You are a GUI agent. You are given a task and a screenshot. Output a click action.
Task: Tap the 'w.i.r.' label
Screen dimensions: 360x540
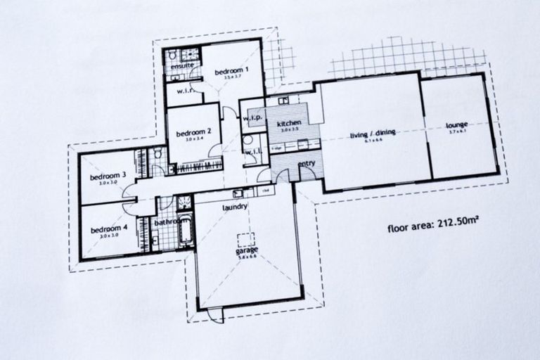point(186,91)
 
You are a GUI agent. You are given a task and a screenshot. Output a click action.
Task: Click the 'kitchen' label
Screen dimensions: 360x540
point(289,122)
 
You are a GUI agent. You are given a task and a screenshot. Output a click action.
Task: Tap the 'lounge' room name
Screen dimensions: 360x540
point(457,127)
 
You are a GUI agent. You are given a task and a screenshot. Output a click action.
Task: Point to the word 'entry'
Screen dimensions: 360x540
point(307,164)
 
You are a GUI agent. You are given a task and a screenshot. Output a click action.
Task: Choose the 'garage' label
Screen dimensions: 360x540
point(245,250)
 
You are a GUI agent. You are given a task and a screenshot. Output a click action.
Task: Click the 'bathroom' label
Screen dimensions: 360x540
point(169,222)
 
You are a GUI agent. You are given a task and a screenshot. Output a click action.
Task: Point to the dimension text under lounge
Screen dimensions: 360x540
point(457,134)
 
